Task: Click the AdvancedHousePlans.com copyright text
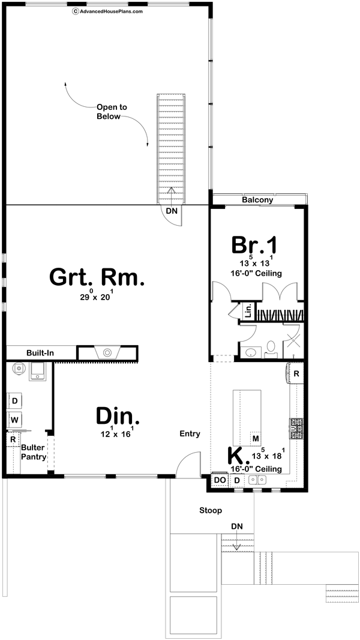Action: (107, 10)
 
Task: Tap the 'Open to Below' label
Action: (112, 112)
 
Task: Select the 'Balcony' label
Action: (257, 201)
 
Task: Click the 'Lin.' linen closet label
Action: (247, 311)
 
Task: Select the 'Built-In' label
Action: (40, 353)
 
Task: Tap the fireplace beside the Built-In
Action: (107, 353)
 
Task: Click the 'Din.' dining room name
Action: (118, 416)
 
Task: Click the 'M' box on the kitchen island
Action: (256, 439)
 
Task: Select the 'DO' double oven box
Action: (220, 480)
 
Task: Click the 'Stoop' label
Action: (211, 510)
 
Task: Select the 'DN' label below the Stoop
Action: (238, 527)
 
